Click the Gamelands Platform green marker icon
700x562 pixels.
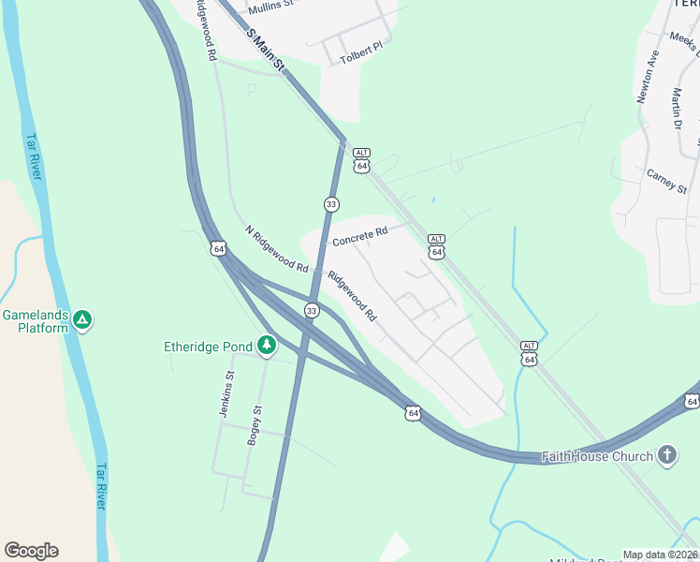click(x=83, y=320)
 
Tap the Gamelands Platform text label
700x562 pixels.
click(x=36, y=321)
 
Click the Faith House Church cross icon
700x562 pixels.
click(x=667, y=456)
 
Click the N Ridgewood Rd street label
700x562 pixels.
click(x=276, y=248)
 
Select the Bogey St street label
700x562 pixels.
click(x=255, y=424)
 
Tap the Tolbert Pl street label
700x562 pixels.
click(x=362, y=49)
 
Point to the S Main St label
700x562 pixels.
click(x=265, y=50)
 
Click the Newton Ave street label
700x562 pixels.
click(x=648, y=76)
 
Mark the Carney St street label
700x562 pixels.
click(x=666, y=180)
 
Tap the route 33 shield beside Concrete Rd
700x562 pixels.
click(x=331, y=204)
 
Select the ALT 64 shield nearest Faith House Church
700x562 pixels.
click(x=529, y=353)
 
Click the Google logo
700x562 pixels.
click(x=31, y=551)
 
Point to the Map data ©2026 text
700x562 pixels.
click(x=660, y=555)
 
